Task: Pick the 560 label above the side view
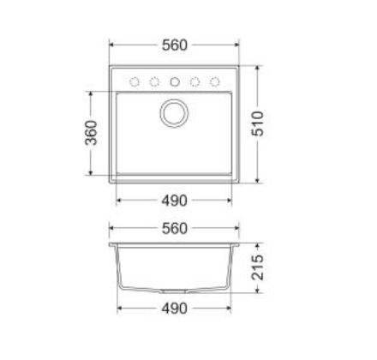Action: pyautogui.click(x=174, y=229)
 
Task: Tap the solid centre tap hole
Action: pyautogui.click(x=175, y=82)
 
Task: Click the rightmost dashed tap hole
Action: pyautogui.click(x=213, y=82)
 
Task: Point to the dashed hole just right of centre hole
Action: pyautogui.click(x=194, y=82)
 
